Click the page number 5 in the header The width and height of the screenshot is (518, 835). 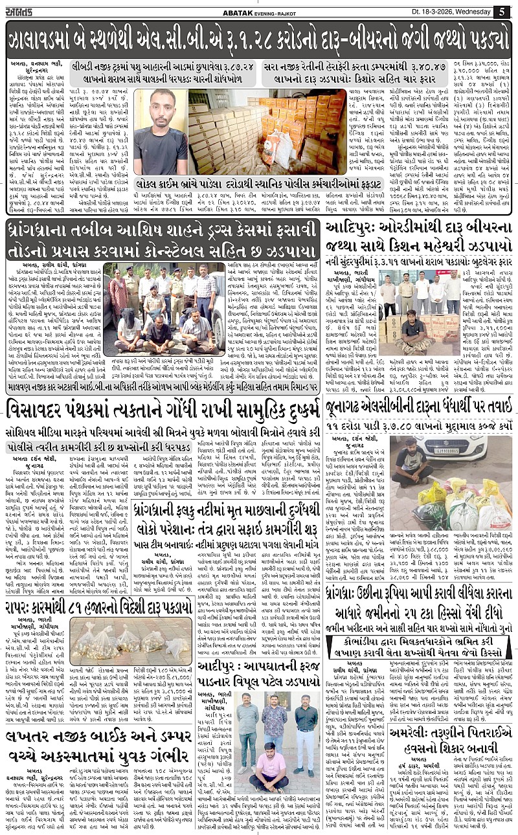[502, 12]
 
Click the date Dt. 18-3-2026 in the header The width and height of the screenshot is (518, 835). [447, 12]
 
